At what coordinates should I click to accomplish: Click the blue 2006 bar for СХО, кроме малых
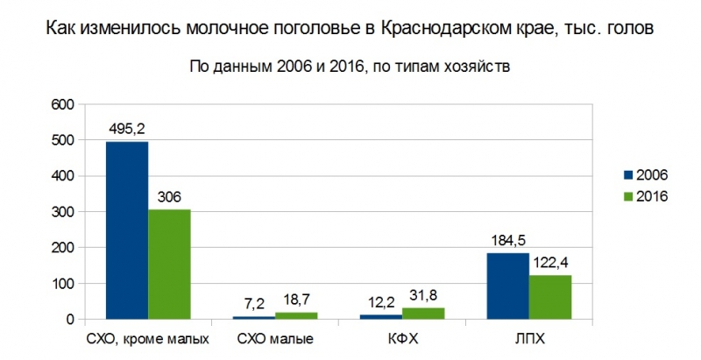[x=127, y=230]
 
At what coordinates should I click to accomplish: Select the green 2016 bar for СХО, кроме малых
[x=169, y=265]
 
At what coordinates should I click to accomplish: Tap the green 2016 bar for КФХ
[x=423, y=314]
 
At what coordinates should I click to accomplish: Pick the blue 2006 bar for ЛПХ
[x=508, y=286]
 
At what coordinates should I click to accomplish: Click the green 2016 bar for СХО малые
[x=296, y=315]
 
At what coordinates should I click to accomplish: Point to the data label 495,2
[x=127, y=129]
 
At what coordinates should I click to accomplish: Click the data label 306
[x=169, y=196]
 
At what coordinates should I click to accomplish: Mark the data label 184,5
[x=508, y=240]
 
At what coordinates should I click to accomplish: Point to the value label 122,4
[x=550, y=262]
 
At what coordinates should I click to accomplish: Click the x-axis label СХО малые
[x=275, y=339]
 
